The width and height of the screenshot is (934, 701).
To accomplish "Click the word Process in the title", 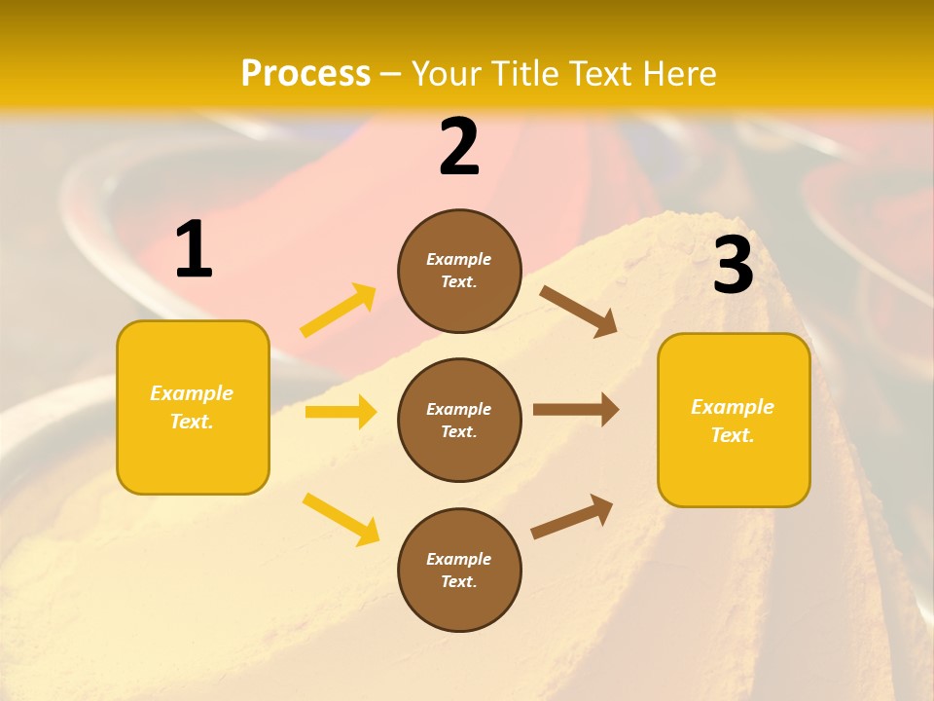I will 305,73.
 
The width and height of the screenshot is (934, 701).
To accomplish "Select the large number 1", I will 194,250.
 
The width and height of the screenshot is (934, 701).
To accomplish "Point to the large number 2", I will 459,148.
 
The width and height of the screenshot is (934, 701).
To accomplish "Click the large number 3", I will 733,266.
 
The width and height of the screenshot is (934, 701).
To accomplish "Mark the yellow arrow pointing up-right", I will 339,311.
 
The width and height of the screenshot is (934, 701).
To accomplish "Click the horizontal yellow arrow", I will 341,412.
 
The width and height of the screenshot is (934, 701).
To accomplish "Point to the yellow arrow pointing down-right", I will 341,519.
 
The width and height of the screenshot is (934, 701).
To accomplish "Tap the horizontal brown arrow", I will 576,410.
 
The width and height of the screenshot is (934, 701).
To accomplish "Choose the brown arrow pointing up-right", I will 572,516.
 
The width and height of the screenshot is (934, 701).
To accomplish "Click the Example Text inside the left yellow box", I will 192,407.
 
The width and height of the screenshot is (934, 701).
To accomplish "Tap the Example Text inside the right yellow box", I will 733,421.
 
